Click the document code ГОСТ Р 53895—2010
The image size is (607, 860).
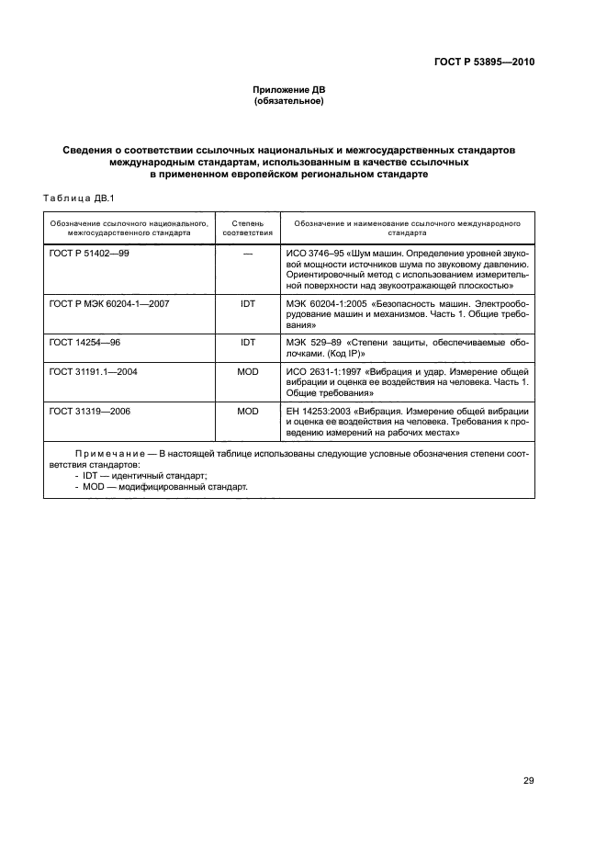(x=483, y=62)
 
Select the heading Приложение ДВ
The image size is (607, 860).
(x=289, y=89)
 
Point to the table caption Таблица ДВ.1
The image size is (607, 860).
(x=77, y=197)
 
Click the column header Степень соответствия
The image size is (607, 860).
(x=248, y=228)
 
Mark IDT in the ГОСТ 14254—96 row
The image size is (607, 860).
(x=248, y=341)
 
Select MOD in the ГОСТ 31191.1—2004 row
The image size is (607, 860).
(x=248, y=372)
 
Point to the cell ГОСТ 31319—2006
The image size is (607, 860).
(x=90, y=411)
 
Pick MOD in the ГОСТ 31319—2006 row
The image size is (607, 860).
(x=248, y=411)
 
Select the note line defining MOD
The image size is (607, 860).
(x=161, y=487)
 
